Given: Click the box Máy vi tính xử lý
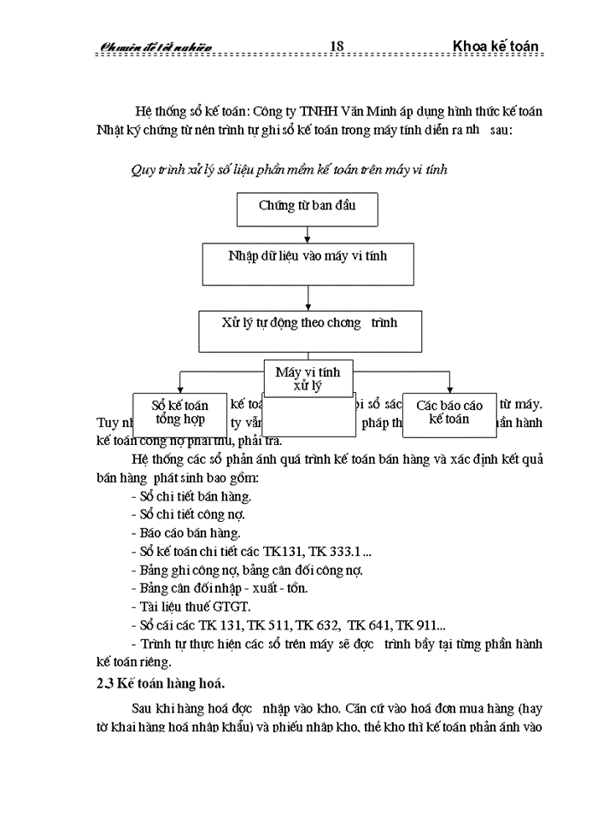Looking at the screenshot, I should [x=308, y=378].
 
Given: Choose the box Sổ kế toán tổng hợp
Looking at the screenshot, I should [x=179, y=413].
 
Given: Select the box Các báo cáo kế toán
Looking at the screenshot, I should [x=449, y=413].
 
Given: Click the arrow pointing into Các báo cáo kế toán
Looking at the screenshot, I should [x=450, y=384].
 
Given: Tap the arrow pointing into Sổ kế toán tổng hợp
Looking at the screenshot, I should [x=180, y=384].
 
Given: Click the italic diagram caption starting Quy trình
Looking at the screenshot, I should [x=289, y=169].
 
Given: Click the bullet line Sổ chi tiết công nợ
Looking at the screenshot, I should [x=187, y=514].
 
